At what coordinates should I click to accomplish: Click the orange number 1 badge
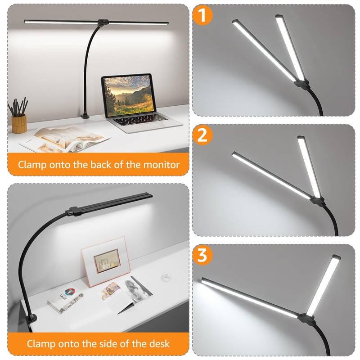tap(202, 15)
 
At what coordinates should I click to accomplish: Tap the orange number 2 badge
tap(202, 135)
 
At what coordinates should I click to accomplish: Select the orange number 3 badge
tap(202, 256)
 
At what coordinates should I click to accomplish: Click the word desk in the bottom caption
tap(160, 344)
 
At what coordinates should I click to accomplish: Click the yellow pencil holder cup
tap(19, 123)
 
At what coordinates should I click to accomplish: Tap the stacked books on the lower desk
tap(65, 300)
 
